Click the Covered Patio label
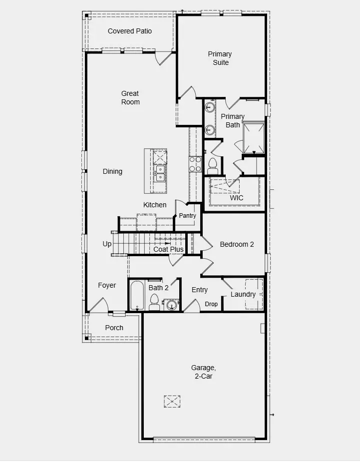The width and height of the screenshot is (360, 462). point(130,31)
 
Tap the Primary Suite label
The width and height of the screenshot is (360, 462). point(220,58)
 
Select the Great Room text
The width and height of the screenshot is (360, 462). point(130,97)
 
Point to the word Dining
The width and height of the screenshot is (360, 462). point(112,171)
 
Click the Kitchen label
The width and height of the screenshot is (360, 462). point(155,205)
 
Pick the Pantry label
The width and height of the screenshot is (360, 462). point(188,216)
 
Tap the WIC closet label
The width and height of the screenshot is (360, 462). point(237,198)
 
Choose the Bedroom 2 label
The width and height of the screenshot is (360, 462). point(237,244)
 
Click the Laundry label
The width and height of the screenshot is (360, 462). point(243,294)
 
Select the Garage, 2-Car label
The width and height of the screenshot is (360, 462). point(203,372)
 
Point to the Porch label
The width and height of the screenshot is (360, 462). point(114,328)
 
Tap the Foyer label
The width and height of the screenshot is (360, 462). point(107,285)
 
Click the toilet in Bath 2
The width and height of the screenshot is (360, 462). point(154,302)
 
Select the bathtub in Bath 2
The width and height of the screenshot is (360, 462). point(136,296)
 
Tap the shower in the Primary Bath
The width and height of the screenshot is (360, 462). point(253,137)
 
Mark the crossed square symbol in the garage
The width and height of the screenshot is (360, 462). point(172,401)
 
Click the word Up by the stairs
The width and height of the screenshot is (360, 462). point(107,244)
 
